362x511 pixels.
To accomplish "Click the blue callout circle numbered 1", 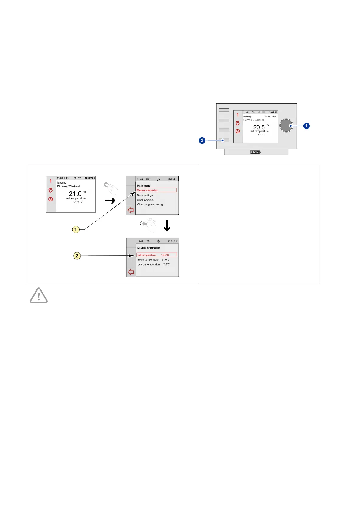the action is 306,126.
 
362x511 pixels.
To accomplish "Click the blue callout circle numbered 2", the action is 202,140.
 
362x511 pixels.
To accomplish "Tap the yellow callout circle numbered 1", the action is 76,229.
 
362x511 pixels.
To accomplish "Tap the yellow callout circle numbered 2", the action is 77,256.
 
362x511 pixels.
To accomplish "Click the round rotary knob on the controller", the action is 286,125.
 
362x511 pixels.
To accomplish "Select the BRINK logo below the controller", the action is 256,152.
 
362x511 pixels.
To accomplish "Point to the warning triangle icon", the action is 39,296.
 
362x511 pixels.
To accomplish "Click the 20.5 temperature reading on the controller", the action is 259,127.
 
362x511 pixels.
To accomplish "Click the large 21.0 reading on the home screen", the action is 75,194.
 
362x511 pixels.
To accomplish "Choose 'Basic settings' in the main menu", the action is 145,195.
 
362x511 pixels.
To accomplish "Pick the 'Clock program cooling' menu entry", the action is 150,205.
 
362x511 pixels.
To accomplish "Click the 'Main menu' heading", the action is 144,186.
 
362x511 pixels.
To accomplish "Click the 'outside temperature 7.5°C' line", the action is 153,264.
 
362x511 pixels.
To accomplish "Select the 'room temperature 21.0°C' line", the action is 153,260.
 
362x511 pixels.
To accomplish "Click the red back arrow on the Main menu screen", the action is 131,210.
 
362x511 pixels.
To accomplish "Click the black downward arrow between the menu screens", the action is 167,226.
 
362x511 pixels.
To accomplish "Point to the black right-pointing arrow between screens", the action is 110,201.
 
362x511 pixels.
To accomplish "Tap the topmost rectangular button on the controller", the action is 224,110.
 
